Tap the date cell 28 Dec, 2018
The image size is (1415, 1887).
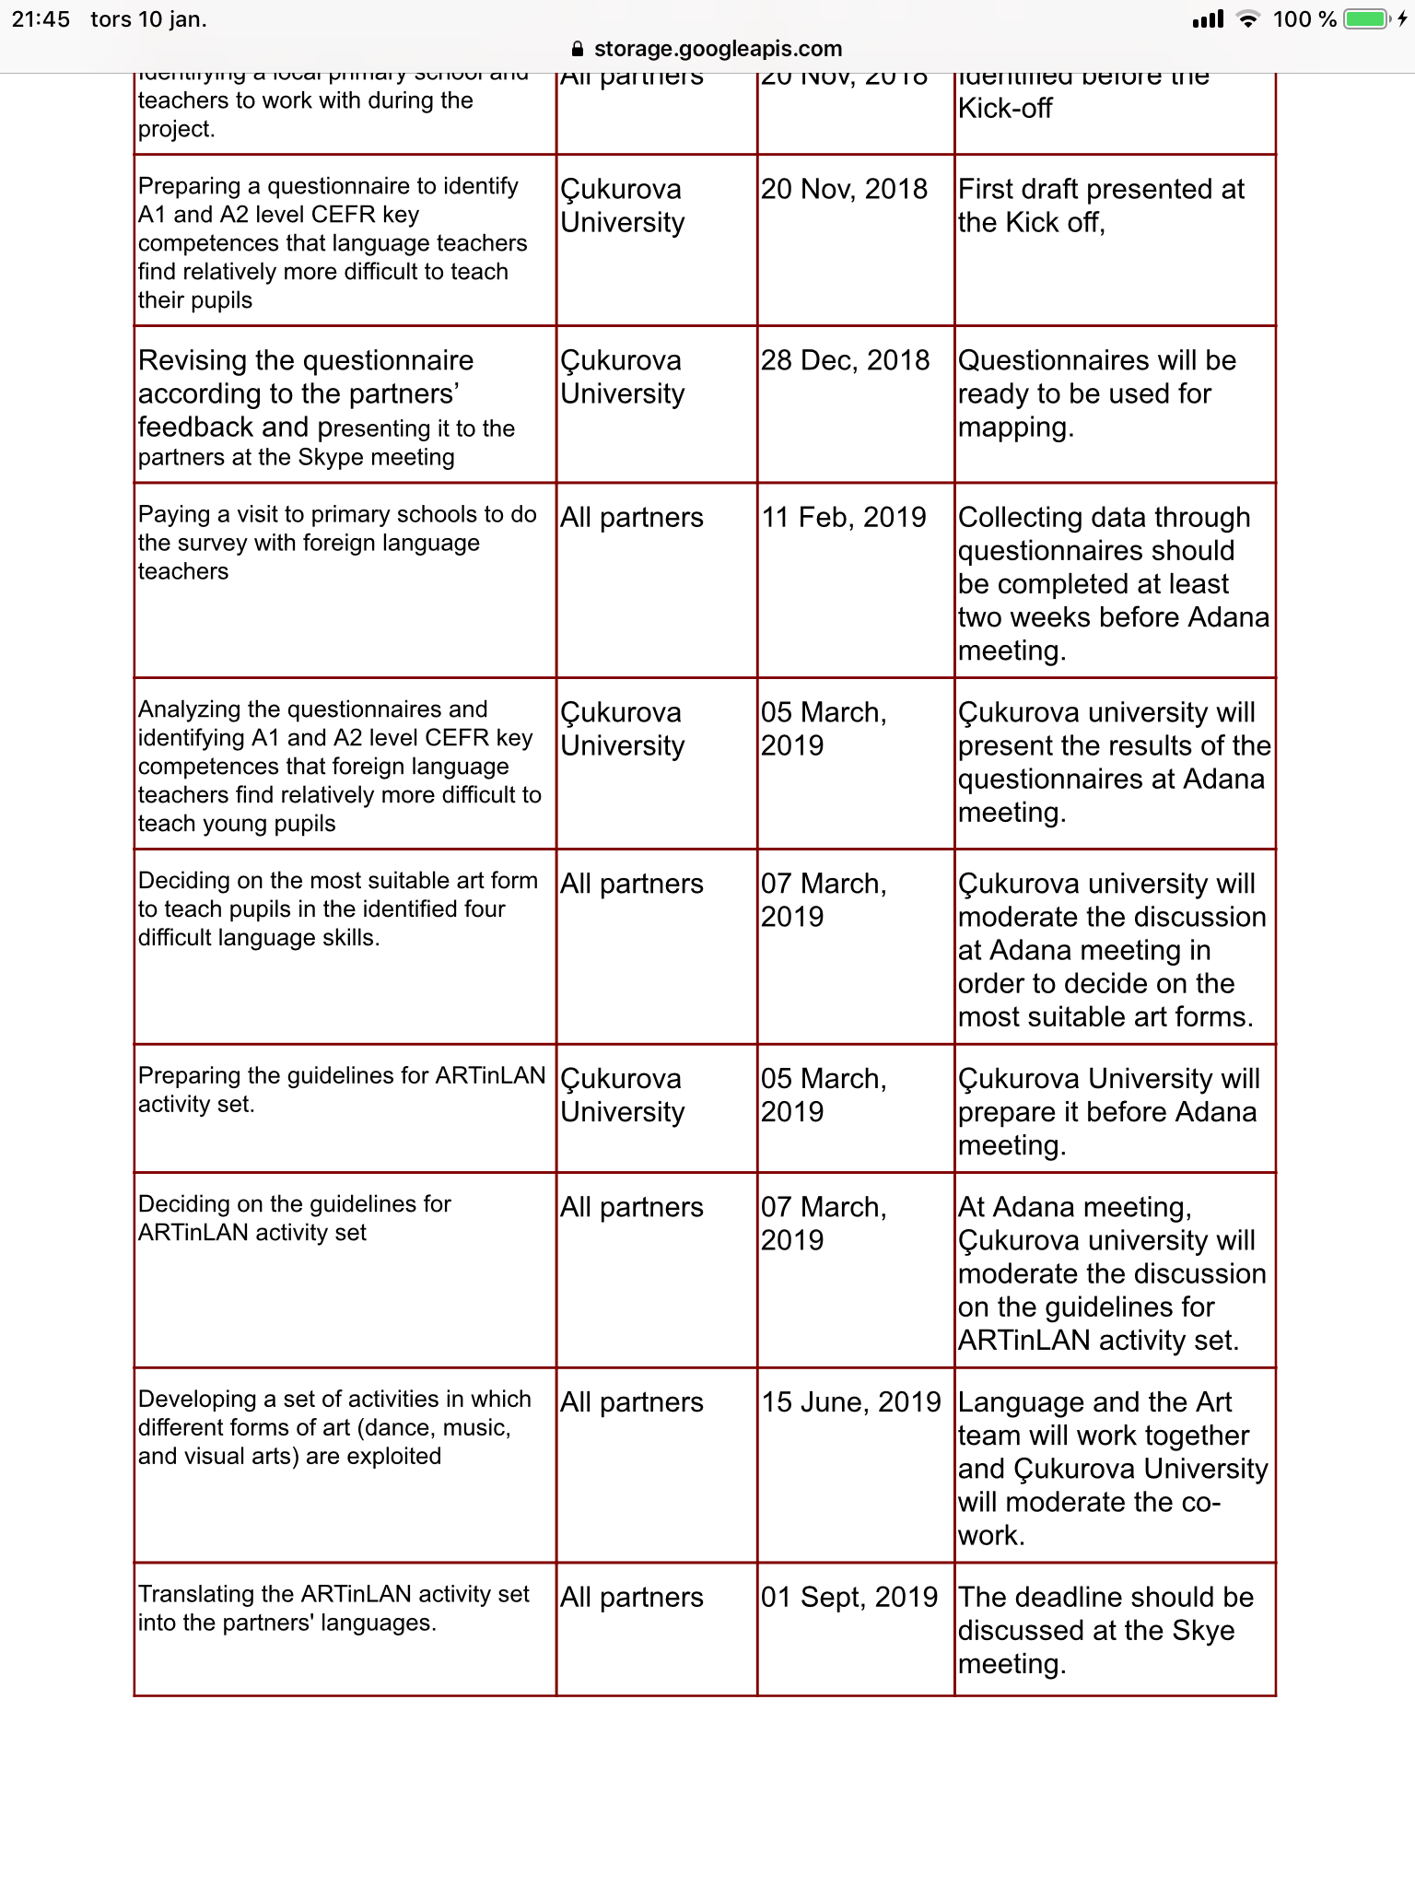[845, 360]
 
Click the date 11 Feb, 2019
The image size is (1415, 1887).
[843, 517]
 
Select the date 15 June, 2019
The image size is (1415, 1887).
[850, 1401]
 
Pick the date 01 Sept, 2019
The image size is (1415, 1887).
[848, 1597]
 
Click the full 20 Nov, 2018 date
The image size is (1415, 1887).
[844, 189]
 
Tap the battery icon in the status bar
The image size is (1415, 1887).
[1368, 19]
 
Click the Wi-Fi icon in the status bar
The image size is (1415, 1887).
[1247, 19]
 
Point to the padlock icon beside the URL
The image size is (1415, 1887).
[578, 49]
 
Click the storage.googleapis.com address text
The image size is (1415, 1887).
[718, 49]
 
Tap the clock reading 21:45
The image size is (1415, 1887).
[41, 19]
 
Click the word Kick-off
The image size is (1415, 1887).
[1005, 109]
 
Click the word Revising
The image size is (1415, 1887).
[192, 360]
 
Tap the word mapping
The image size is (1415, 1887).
[1015, 428]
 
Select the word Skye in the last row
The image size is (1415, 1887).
[1203, 1630]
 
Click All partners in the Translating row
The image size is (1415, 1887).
[631, 1597]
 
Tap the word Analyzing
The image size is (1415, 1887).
[189, 709]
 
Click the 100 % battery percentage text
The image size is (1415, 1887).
[1304, 19]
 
